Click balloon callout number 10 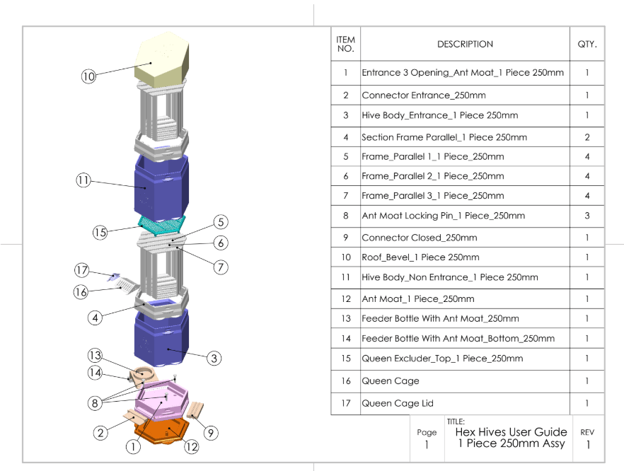pyautogui.click(x=88, y=76)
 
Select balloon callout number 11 pyautogui.click(x=83, y=180)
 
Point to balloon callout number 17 pyautogui.click(x=83, y=270)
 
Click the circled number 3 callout pyautogui.click(x=214, y=359)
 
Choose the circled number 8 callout pyautogui.click(x=95, y=404)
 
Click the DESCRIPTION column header pyautogui.click(x=465, y=44)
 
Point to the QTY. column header pyautogui.click(x=587, y=44)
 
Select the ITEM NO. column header pyautogui.click(x=346, y=44)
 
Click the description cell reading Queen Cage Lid pyautogui.click(x=398, y=403)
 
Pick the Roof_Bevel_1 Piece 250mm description pyautogui.click(x=420, y=257)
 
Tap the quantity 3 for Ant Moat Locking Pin pyautogui.click(x=587, y=216)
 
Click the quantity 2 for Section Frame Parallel pyautogui.click(x=587, y=137)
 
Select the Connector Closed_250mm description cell pyautogui.click(x=420, y=238)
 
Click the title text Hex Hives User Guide pyautogui.click(x=511, y=431)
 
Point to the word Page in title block pyautogui.click(x=427, y=432)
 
